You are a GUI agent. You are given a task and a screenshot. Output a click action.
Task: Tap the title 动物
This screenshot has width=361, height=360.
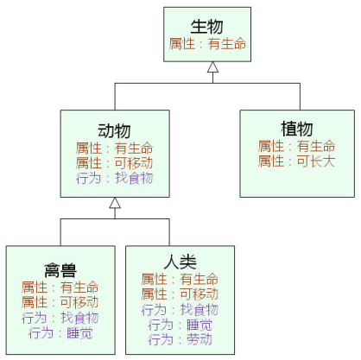[x=114, y=131]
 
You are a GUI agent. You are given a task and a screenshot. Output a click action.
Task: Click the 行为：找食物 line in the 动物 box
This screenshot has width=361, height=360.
[x=114, y=177]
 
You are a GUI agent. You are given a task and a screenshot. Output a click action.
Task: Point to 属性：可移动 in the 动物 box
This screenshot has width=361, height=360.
[x=114, y=162]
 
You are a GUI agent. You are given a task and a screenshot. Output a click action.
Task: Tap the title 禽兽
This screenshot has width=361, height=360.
[x=60, y=269]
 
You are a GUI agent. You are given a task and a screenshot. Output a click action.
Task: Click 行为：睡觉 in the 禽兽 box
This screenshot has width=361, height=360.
[x=60, y=332]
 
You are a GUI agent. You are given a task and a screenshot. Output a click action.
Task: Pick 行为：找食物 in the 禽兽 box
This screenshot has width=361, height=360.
[x=60, y=318]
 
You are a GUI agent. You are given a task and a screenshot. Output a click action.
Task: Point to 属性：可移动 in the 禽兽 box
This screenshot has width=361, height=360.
[x=60, y=302]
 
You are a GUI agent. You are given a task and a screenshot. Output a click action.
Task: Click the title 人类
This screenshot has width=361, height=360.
[x=180, y=262]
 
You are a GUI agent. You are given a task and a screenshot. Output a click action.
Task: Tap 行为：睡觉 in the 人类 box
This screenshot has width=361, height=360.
[x=180, y=325]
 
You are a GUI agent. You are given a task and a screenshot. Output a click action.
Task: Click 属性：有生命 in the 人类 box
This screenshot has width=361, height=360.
[x=180, y=279]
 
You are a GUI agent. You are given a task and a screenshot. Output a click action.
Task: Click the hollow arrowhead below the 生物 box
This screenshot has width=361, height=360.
[x=212, y=67]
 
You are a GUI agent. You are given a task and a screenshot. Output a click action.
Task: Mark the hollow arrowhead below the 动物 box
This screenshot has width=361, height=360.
[x=114, y=204]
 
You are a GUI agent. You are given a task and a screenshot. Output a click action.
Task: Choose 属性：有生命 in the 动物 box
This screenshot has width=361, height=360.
[x=114, y=148]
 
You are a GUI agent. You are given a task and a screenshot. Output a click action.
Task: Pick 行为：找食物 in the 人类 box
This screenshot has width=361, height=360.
[x=180, y=309]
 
